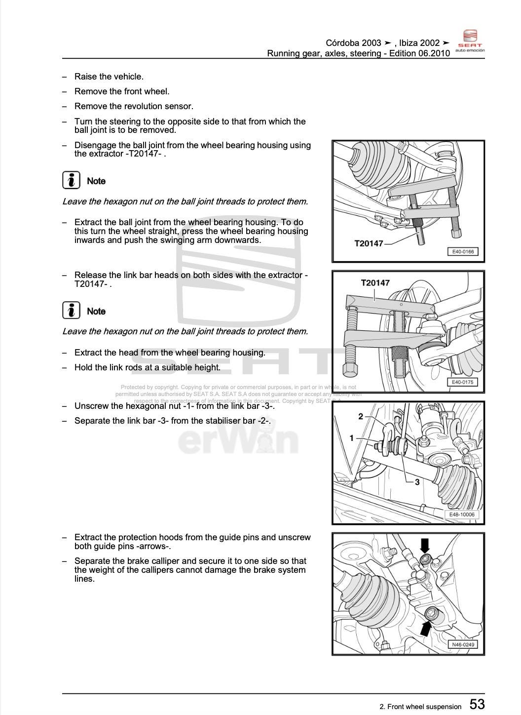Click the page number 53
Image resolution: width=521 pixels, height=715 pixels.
click(477, 704)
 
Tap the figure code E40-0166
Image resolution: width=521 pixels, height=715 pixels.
click(463, 252)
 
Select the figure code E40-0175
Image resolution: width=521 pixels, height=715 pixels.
click(463, 382)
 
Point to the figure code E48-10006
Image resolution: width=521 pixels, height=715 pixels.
click(462, 515)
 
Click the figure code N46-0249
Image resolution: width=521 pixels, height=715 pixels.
click(463, 644)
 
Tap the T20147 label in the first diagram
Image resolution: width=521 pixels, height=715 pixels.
click(369, 243)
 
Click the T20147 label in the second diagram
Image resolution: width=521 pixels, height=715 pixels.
click(375, 283)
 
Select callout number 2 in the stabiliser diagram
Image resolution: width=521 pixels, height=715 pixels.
click(361, 417)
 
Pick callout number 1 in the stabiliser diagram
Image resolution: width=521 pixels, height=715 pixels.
click(352, 438)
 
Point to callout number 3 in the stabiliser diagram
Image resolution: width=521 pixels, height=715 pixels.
click(417, 482)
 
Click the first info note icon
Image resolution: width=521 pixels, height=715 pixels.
click(72, 181)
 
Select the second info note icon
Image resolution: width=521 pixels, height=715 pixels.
click(72, 311)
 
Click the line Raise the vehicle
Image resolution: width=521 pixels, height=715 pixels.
click(109, 77)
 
